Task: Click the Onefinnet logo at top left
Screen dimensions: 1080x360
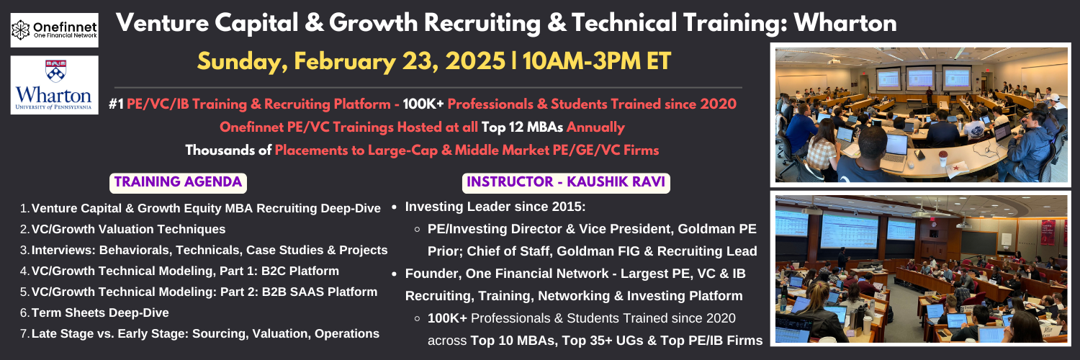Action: [55, 30]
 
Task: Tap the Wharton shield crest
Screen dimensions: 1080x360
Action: [55, 71]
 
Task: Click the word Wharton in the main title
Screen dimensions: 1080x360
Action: [845, 22]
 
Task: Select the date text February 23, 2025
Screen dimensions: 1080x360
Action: [400, 61]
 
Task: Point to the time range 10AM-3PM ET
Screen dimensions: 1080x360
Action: [596, 61]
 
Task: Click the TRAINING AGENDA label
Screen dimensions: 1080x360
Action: [178, 183]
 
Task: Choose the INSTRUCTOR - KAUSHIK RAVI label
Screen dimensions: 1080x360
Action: [566, 183]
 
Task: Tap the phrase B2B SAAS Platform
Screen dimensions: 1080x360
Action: [319, 292]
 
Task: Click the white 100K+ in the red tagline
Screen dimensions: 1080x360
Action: [423, 104]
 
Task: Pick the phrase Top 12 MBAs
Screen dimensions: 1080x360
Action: [522, 127]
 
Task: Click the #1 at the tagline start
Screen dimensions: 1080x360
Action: [116, 104]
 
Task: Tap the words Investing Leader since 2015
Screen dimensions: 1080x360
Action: [495, 207]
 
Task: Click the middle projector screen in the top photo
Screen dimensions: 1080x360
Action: [920, 78]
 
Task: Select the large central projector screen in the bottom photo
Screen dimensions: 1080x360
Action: [849, 230]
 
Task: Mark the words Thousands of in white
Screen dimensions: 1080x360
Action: [228, 150]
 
